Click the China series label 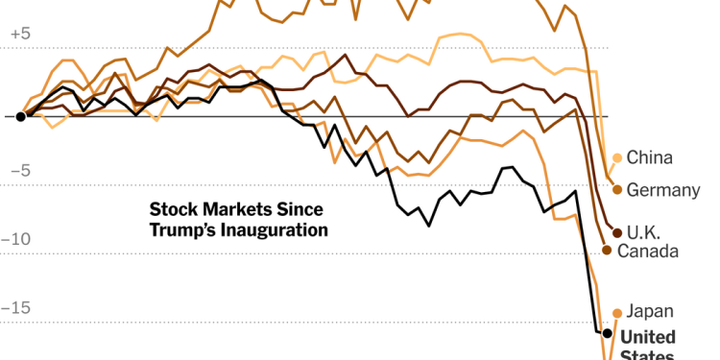[x=649, y=158]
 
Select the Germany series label [x=662, y=190]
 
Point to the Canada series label [x=648, y=251]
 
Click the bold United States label [x=648, y=337]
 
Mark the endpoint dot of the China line [x=616, y=158]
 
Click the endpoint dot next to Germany [x=617, y=189]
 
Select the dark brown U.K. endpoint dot [x=617, y=232]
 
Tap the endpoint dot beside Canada [x=607, y=250]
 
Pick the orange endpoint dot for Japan [x=617, y=313]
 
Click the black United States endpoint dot [x=607, y=333]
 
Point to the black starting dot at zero [x=20, y=116]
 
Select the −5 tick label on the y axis [x=19, y=171]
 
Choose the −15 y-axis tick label [x=16, y=308]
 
